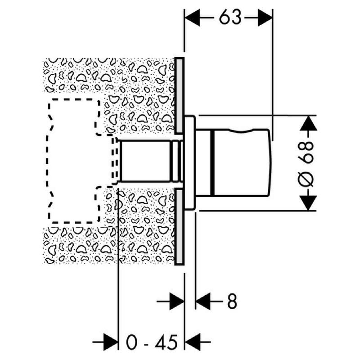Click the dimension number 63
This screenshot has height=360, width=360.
click(x=230, y=18)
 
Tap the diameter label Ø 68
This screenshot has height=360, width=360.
click(x=306, y=163)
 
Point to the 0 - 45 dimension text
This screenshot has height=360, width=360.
click(x=152, y=342)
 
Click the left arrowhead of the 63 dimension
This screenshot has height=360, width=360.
click(x=193, y=18)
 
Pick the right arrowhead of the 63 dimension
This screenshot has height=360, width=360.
click(x=265, y=18)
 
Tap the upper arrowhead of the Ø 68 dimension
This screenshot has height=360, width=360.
click(x=309, y=123)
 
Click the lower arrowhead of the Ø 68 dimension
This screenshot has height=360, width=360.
click(x=309, y=203)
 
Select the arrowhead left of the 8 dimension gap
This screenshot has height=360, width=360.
click(x=177, y=301)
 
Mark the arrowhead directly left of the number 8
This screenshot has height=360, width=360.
click(x=203, y=301)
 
